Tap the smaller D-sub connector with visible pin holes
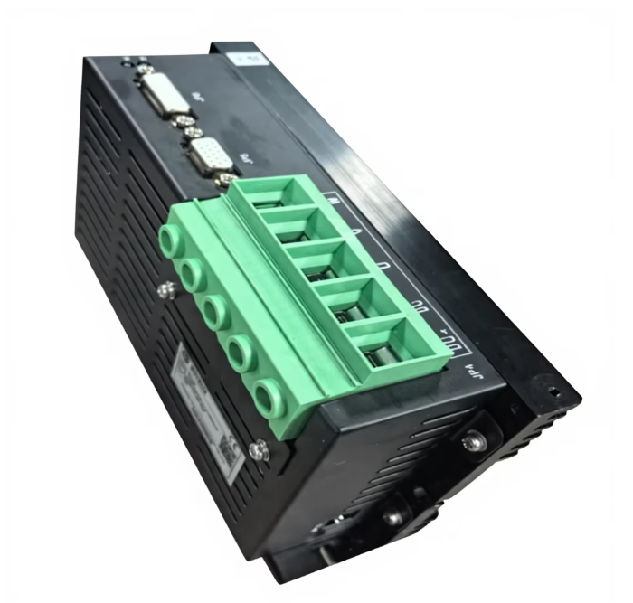coord(211,161)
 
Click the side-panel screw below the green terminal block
coord(258,447)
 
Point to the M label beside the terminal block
coord(335,201)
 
